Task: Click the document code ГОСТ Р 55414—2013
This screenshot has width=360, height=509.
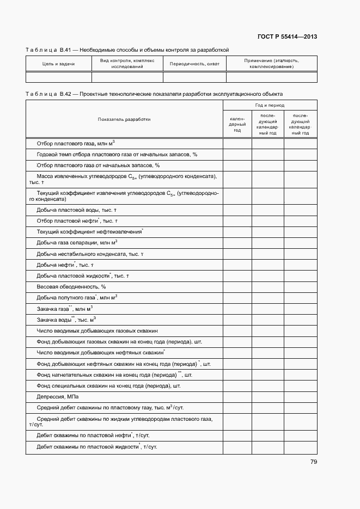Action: tap(287, 37)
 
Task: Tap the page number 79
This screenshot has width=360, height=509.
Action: tap(313, 462)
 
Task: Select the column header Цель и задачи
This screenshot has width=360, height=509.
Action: tap(58, 64)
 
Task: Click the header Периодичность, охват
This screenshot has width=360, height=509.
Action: tap(194, 64)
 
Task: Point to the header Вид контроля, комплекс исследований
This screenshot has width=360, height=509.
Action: tap(127, 64)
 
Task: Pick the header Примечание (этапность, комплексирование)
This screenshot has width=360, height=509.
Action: tap(271, 64)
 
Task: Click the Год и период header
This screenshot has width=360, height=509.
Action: tap(270, 105)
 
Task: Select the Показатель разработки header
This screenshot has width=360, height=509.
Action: tap(124, 119)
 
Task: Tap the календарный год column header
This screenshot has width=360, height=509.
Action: tap(237, 124)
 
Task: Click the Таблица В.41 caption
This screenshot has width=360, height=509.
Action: tap(127, 50)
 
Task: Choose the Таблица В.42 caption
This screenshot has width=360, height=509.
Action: tap(154, 94)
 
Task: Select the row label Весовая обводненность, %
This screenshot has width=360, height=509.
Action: tap(71, 286)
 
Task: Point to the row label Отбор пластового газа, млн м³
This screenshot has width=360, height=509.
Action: tap(75, 144)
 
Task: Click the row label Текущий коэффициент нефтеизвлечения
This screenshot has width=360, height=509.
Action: tap(89, 231)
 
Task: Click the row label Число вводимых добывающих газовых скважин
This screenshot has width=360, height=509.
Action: tap(97, 330)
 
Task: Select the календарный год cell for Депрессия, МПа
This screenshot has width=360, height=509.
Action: tap(237, 396)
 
